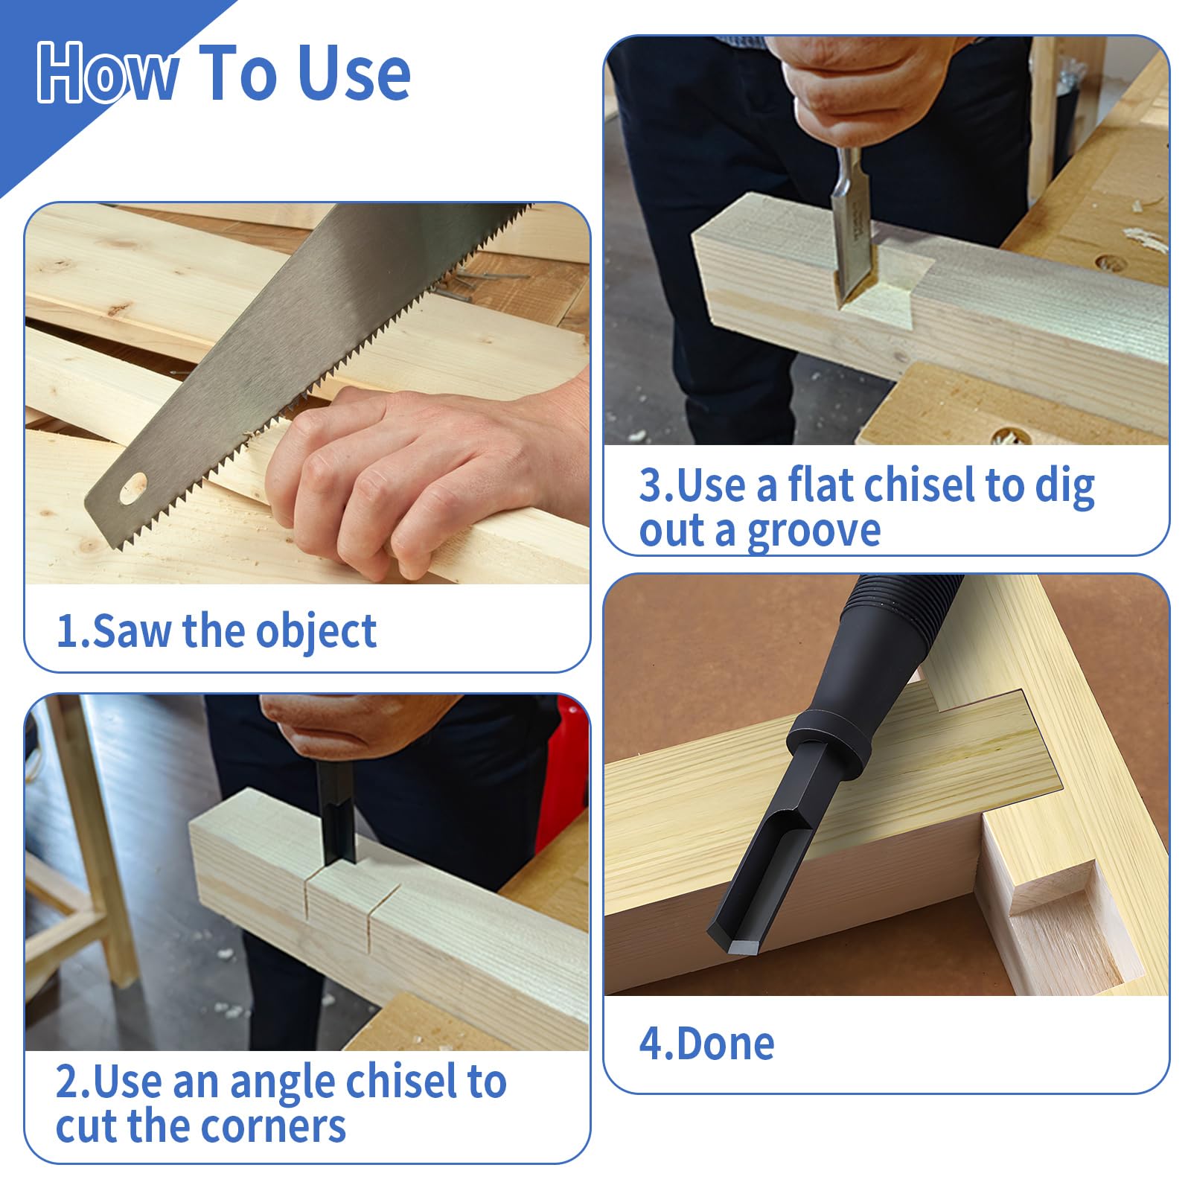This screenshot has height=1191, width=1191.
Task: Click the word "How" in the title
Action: (108, 72)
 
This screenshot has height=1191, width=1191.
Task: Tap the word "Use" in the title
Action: (354, 72)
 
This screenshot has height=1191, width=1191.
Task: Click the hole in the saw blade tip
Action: (134, 489)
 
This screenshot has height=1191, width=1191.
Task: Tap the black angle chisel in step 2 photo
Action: (335, 811)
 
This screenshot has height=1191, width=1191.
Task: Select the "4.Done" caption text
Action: (707, 1044)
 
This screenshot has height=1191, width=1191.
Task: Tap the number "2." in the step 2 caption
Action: (73, 1082)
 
